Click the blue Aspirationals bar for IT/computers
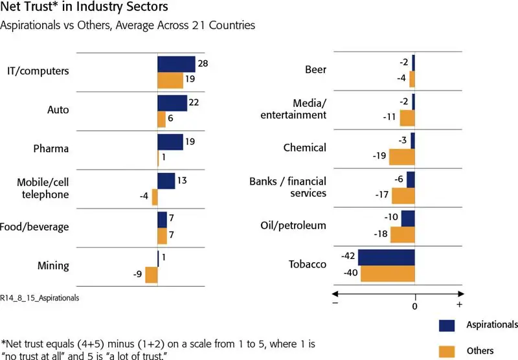pyautogui.click(x=176, y=63)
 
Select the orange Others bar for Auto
pyautogui.click(x=162, y=120)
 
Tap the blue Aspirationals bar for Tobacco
pyautogui.click(x=387, y=257)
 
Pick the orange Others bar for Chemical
pyautogui.click(x=401, y=157)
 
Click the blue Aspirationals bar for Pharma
pyautogui.click(x=170, y=142)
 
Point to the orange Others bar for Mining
pyautogui.click(x=151, y=275)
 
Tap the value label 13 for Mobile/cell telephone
pyautogui.click(x=182, y=181)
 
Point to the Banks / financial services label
pyautogui.click(x=287, y=187)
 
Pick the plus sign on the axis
pyautogui.click(x=459, y=304)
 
